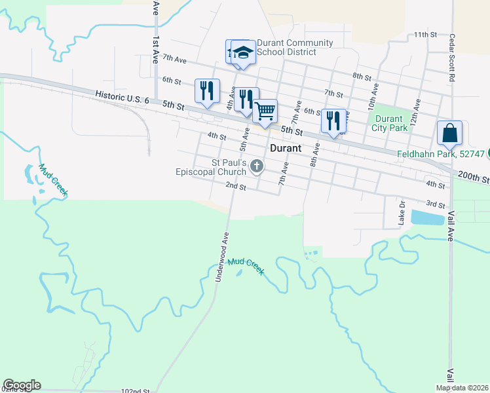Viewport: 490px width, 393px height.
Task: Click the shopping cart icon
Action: [265, 111]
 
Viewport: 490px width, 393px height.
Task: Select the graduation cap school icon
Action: [243, 52]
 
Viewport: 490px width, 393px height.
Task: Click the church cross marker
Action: [257, 168]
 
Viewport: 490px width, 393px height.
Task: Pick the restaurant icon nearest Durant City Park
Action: [333, 121]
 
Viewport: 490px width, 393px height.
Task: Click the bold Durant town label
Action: [286, 148]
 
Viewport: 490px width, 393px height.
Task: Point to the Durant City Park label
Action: [390, 123]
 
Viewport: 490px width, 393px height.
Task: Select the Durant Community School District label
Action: [295, 47]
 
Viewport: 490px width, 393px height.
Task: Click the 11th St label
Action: [424, 34]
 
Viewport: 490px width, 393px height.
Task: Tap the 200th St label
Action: [474, 177]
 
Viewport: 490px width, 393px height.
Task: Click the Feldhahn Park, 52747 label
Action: [440, 154]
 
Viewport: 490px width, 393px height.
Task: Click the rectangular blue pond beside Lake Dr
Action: [427, 218]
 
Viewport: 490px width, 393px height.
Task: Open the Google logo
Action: [22, 385]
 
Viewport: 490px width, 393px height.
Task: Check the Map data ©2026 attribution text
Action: [461, 388]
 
